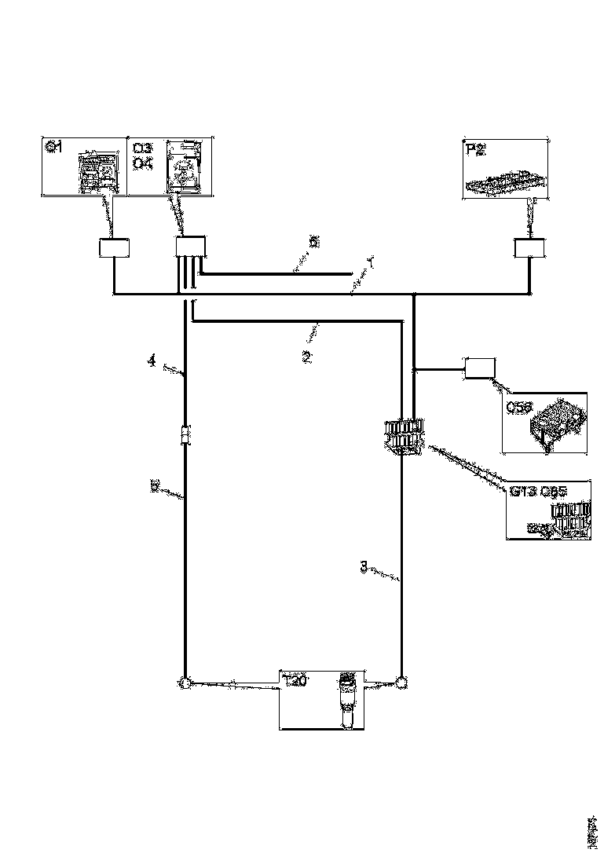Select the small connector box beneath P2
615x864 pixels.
tap(529, 248)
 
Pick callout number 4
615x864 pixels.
tap(150, 361)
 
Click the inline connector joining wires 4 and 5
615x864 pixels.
tap(185, 434)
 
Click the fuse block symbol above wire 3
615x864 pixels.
tap(405, 436)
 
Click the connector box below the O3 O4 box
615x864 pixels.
tap(189, 248)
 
